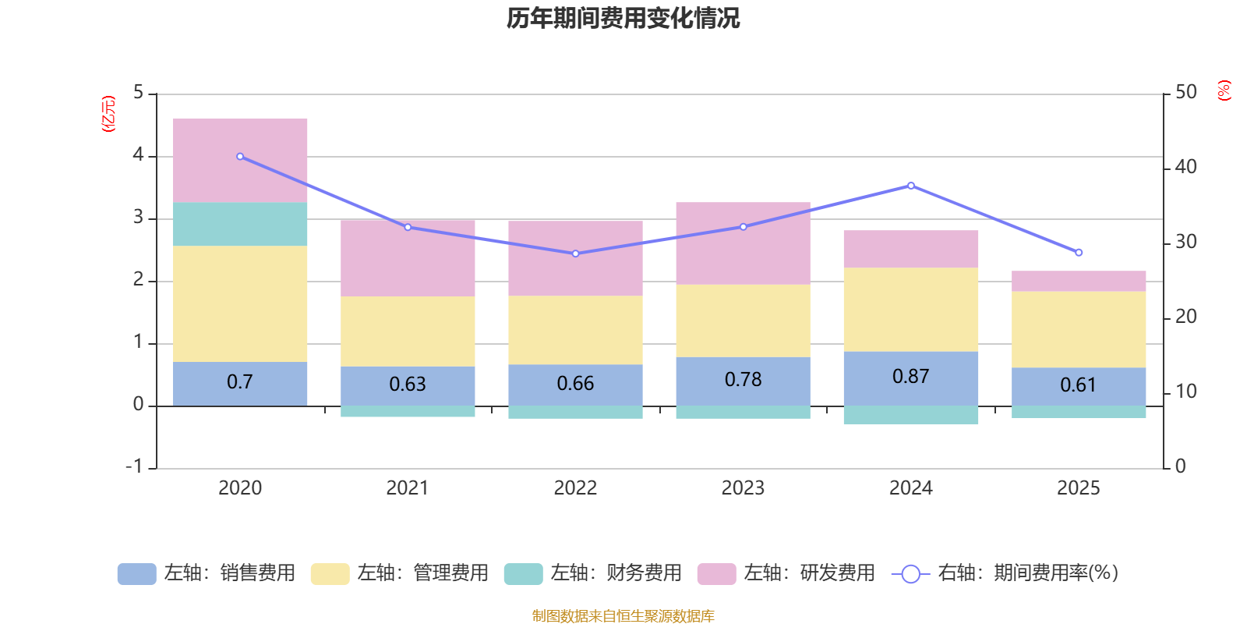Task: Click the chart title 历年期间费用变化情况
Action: (x=623, y=18)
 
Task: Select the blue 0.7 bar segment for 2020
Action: (x=239, y=383)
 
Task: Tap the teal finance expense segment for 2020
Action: (x=239, y=224)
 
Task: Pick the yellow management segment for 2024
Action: (x=910, y=309)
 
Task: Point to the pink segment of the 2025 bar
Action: (x=1079, y=281)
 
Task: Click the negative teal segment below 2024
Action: (x=910, y=415)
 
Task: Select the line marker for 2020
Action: (x=240, y=157)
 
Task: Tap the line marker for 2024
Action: (x=911, y=186)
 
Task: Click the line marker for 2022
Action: (x=575, y=253)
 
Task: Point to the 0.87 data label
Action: (x=910, y=377)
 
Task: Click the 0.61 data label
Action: (x=1078, y=385)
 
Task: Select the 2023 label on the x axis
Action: (x=743, y=488)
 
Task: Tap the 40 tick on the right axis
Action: (x=1185, y=167)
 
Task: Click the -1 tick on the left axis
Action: (x=135, y=466)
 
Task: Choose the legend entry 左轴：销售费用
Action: (x=207, y=573)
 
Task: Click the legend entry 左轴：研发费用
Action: (x=786, y=573)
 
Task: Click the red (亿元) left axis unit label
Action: (x=108, y=114)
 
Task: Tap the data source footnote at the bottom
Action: (x=623, y=616)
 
